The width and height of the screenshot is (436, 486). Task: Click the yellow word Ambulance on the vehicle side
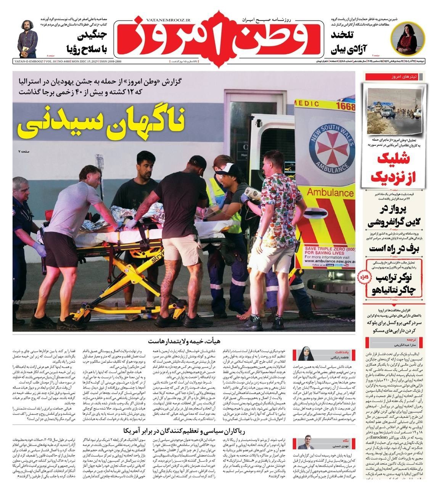click(330, 192)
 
